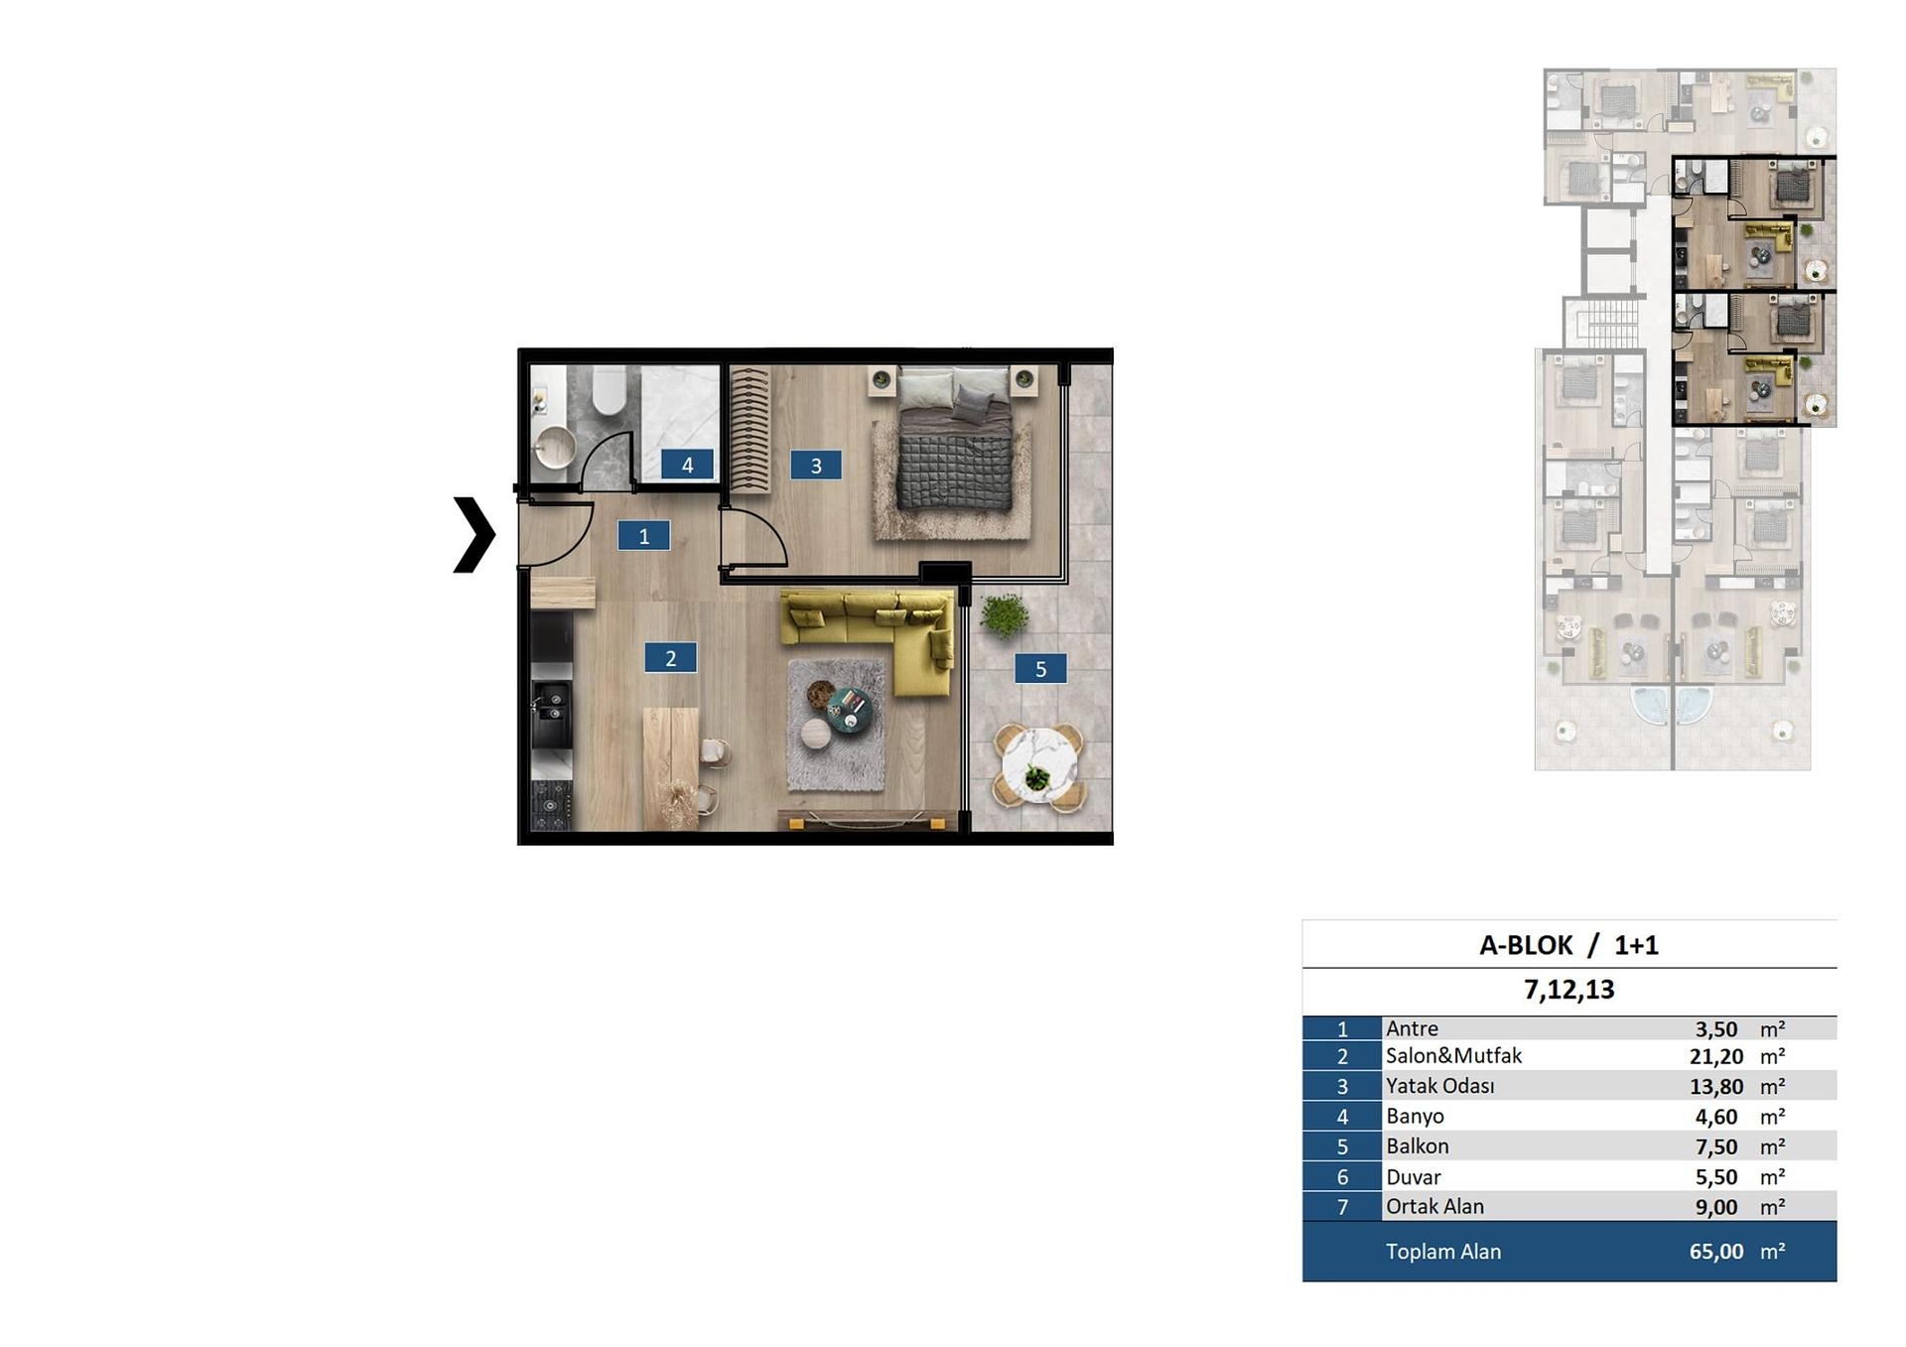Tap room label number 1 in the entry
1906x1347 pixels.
(643, 536)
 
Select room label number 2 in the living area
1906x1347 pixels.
(670, 657)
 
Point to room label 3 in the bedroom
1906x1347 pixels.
(816, 465)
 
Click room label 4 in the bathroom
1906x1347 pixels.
(687, 464)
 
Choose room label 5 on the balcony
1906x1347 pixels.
(1040, 669)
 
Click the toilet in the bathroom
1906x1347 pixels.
(609, 390)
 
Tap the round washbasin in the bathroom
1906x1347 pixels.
(554, 448)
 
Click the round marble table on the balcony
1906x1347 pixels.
(1038, 770)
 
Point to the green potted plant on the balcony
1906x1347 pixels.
(1004, 614)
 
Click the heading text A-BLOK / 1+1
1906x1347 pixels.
(1568, 945)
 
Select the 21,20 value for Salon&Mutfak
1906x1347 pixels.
(1716, 1056)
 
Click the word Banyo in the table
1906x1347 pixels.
(1415, 1117)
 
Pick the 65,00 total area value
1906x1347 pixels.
(1716, 1252)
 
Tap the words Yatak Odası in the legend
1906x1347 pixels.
(1439, 1086)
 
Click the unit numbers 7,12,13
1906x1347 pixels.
(1568, 990)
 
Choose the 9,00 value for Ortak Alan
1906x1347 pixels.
(1716, 1207)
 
